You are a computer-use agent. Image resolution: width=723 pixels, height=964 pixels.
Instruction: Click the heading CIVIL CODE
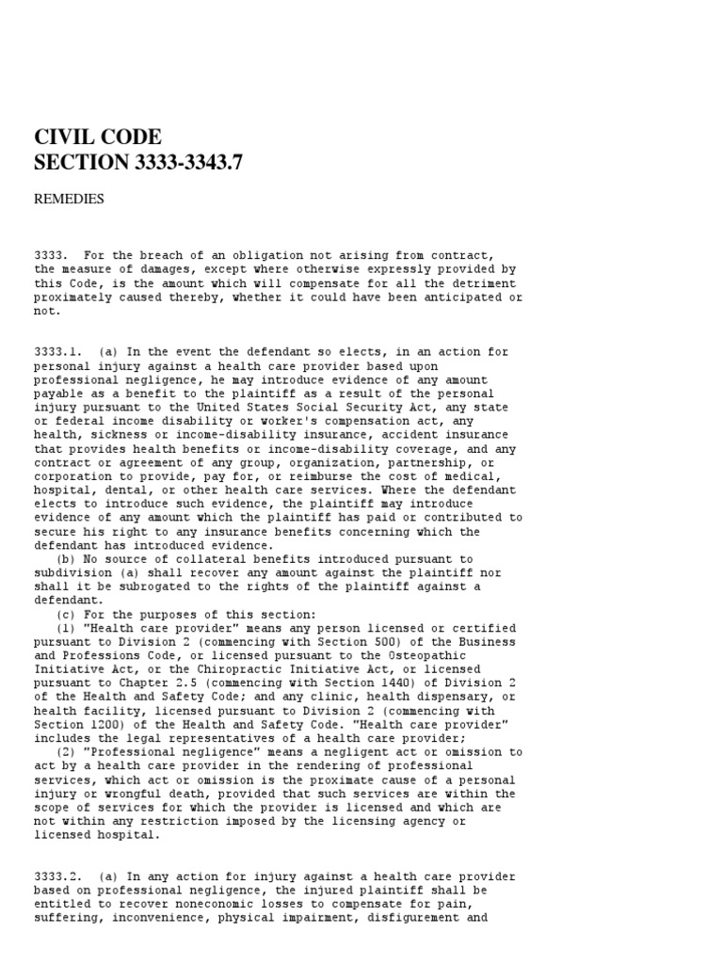tap(98, 137)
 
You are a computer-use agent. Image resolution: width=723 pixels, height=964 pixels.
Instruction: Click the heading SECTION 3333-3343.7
tap(138, 162)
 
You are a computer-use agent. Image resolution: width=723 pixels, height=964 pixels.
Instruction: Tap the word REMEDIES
tap(69, 199)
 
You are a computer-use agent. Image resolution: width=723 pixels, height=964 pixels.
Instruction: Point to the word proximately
tap(75, 297)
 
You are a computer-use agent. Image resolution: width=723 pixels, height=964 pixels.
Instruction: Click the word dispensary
tap(453, 698)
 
